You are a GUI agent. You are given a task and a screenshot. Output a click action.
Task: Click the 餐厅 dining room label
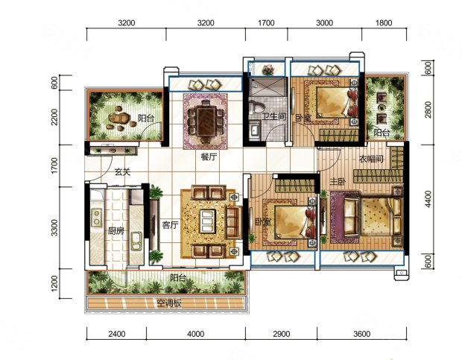[209, 157]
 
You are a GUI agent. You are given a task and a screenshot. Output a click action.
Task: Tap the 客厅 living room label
[171, 225]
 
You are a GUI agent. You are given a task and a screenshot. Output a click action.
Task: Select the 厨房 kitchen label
[115, 231]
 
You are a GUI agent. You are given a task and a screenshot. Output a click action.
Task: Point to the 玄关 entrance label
[122, 171]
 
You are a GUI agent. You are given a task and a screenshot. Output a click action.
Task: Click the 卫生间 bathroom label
[274, 116]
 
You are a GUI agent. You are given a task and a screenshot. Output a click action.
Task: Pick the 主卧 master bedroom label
[338, 182]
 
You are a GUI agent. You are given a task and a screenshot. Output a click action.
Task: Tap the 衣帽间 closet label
[371, 159]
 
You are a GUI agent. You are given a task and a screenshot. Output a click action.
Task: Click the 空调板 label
[169, 303]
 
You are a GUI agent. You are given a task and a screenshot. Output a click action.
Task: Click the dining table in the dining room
[206, 121]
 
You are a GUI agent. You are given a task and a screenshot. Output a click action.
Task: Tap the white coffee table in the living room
[208, 221]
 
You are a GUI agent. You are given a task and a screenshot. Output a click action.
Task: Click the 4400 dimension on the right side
[428, 199]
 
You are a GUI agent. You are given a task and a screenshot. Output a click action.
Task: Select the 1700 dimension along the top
[266, 23]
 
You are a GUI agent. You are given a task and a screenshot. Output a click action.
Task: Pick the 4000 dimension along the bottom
[196, 334]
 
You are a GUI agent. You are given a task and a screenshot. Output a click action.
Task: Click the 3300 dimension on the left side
[54, 228]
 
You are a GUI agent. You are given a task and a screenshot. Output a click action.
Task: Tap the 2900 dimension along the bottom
[281, 334]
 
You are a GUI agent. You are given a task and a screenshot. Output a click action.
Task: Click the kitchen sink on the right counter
[136, 241]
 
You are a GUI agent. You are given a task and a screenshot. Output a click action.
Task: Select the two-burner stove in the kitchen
[97, 217]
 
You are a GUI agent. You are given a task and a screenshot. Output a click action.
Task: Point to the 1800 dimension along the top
[384, 23]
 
